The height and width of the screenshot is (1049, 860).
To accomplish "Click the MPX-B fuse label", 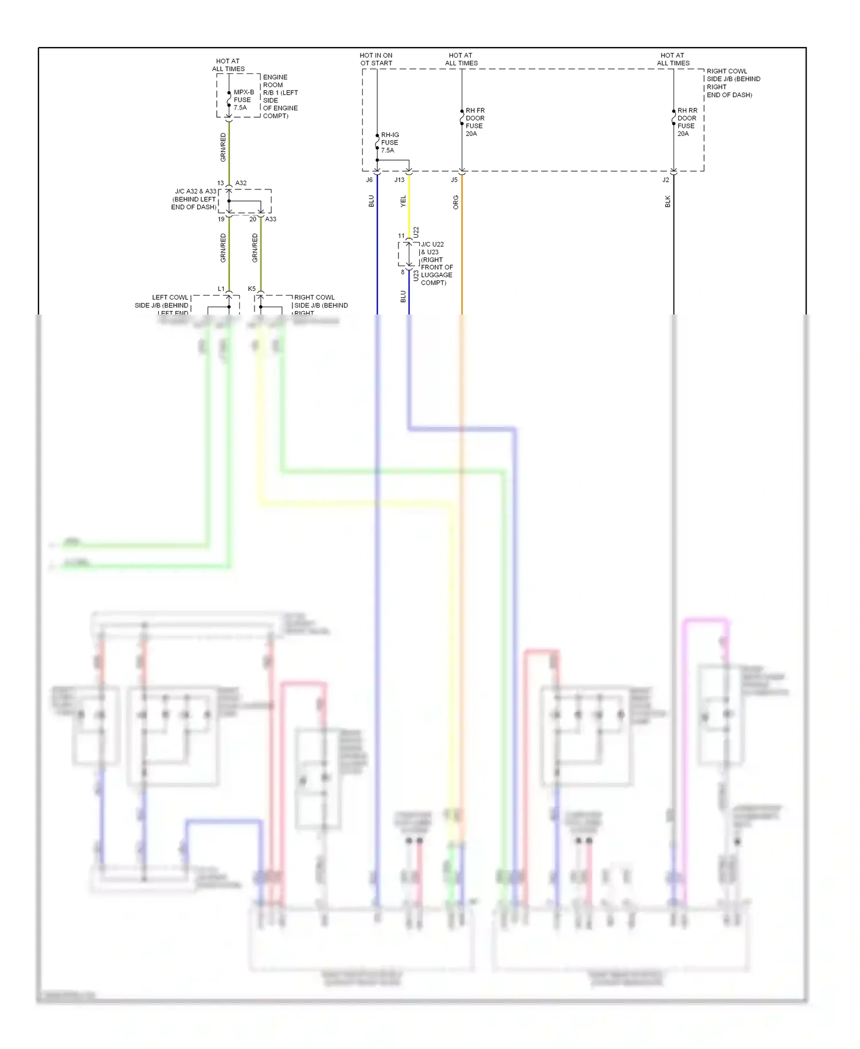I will [x=243, y=100].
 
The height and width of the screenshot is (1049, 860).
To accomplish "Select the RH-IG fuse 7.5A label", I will [x=390, y=142].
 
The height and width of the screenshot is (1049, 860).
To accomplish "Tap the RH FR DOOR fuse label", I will [x=475, y=122].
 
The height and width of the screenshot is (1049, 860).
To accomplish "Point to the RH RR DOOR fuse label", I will [x=687, y=122].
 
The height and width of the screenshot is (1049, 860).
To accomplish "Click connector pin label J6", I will [x=369, y=180].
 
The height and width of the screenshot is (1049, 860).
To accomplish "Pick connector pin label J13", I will [x=399, y=180].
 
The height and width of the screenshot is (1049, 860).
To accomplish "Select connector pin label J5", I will [x=454, y=180].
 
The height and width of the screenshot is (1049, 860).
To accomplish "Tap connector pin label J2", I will [x=666, y=180].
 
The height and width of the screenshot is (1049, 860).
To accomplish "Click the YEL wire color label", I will [x=403, y=201].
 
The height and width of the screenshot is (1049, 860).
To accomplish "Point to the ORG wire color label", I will [x=456, y=202].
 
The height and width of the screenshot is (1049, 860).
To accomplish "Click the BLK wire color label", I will [x=668, y=201].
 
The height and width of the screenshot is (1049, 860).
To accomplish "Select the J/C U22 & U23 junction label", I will [x=436, y=263].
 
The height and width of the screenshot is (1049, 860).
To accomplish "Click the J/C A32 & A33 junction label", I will [x=194, y=199].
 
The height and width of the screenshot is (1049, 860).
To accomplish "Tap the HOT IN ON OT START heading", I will [x=376, y=59].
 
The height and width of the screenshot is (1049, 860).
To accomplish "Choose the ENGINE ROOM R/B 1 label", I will [x=280, y=96].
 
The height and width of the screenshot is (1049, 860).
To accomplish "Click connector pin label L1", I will [x=221, y=289].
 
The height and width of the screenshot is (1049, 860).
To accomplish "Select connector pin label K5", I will [x=252, y=289].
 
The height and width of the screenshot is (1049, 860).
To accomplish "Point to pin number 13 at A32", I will [x=220, y=183].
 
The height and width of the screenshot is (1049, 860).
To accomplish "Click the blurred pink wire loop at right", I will [x=706, y=620].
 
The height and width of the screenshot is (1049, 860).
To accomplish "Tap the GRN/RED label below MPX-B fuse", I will [x=223, y=147].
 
